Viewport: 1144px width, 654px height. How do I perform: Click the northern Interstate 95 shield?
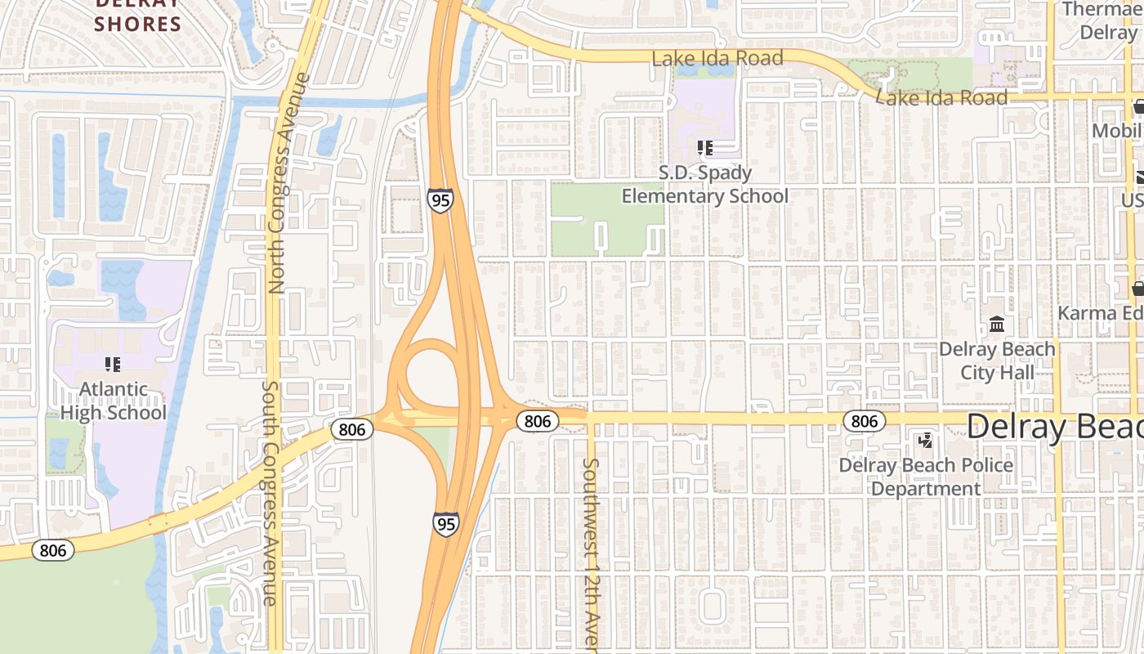[x=440, y=199]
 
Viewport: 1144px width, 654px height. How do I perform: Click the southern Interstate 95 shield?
[x=445, y=523]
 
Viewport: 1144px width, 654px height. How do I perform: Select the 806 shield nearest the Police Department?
[x=864, y=421]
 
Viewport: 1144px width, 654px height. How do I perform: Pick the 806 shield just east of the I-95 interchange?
[x=537, y=421]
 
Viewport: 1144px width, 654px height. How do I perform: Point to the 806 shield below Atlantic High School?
[x=53, y=550]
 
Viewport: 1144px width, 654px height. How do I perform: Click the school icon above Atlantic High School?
[x=113, y=365]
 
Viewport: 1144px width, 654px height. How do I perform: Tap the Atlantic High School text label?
[x=114, y=401]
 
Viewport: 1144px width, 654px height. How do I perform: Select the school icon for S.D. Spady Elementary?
[x=705, y=148]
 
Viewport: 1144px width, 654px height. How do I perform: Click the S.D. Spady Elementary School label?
[x=704, y=185]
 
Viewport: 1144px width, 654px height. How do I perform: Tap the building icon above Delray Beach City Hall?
[x=997, y=325]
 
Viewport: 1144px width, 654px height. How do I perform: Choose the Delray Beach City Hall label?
[x=997, y=361]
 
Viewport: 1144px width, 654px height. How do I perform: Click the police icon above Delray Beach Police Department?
[x=926, y=441]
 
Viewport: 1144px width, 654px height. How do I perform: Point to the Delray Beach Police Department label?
[x=926, y=477]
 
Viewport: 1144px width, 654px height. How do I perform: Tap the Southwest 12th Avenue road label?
[x=591, y=556]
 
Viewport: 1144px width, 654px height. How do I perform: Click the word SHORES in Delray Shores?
[x=137, y=24]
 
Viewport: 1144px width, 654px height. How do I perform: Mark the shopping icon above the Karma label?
[x=1137, y=289]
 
